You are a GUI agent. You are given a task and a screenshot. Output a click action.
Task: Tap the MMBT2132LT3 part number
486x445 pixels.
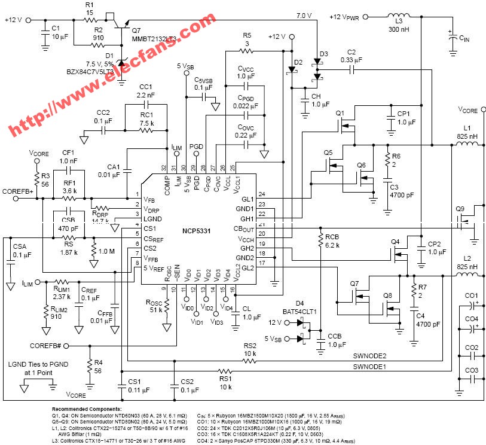click(154, 38)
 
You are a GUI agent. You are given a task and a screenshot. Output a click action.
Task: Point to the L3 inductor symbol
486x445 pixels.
click(396, 16)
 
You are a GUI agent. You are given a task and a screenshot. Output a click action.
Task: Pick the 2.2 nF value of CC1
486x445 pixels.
click(146, 96)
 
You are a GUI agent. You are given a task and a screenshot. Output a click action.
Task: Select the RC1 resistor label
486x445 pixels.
click(146, 116)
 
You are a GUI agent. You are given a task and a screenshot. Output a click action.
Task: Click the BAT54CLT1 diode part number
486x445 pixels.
click(299, 312)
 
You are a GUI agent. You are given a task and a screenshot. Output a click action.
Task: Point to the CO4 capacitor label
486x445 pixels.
click(472, 318)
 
